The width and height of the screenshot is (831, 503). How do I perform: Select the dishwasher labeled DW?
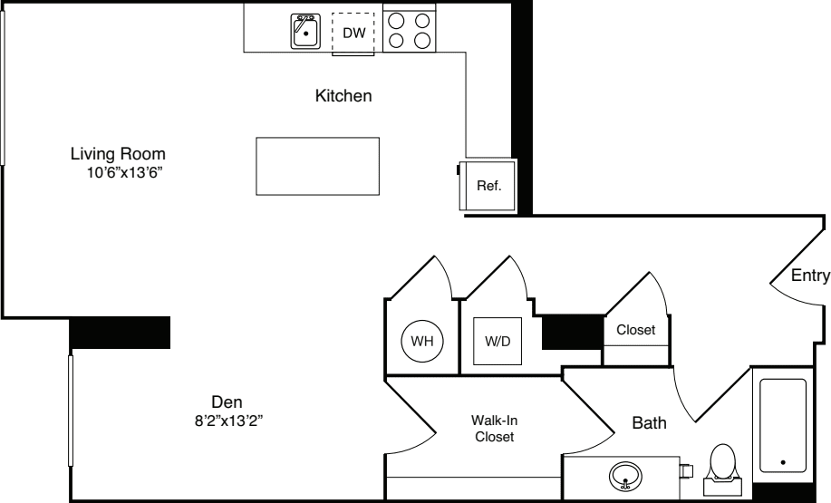coord(353,34)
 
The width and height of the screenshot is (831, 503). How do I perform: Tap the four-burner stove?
coord(408,29)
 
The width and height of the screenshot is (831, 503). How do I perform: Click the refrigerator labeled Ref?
coord(488,185)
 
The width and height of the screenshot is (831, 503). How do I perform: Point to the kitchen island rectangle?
coord(317,166)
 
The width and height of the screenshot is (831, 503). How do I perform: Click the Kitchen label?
coord(343,95)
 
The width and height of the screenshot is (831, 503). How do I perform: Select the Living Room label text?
coord(118,153)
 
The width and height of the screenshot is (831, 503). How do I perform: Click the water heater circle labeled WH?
coord(421,342)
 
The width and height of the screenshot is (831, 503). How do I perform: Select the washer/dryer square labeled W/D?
coord(497,342)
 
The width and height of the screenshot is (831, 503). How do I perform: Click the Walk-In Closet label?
coord(494,429)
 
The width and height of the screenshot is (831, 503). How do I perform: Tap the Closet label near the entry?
coord(635,330)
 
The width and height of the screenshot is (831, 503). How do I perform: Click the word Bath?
coord(649,421)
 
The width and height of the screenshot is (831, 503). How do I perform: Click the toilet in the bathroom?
coord(723,463)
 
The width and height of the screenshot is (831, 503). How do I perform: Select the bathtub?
coord(782,424)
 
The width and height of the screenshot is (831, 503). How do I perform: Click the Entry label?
coord(809,276)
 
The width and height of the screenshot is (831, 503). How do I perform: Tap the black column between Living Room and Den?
coord(120,332)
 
